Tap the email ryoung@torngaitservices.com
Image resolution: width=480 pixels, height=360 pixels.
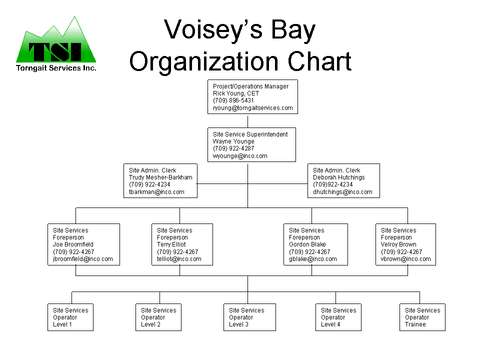tap(253, 108)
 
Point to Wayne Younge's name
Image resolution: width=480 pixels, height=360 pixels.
tap(233, 141)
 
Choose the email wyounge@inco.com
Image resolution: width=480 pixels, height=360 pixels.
tap(240, 156)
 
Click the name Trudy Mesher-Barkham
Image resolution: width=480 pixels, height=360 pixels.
tap(160, 177)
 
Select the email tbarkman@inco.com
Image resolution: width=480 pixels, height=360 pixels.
tap(156, 192)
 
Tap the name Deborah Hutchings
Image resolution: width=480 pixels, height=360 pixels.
tap(339, 177)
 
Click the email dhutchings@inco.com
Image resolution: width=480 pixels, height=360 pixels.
tap(342, 192)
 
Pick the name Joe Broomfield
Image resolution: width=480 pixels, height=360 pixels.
tap(73, 244)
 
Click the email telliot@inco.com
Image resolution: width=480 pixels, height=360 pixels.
tap(179, 259)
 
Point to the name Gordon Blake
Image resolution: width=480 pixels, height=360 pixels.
tap(307, 244)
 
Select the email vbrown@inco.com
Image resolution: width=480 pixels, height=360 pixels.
tap(405, 259)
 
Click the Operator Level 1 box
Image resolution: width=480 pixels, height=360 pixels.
tap(70, 317)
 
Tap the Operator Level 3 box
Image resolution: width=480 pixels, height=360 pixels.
tap(249, 317)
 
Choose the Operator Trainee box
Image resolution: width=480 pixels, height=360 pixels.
tap(422, 317)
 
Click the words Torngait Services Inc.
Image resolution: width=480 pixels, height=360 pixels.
tap(56, 68)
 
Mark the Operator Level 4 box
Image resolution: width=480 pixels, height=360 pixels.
tap(338, 317)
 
